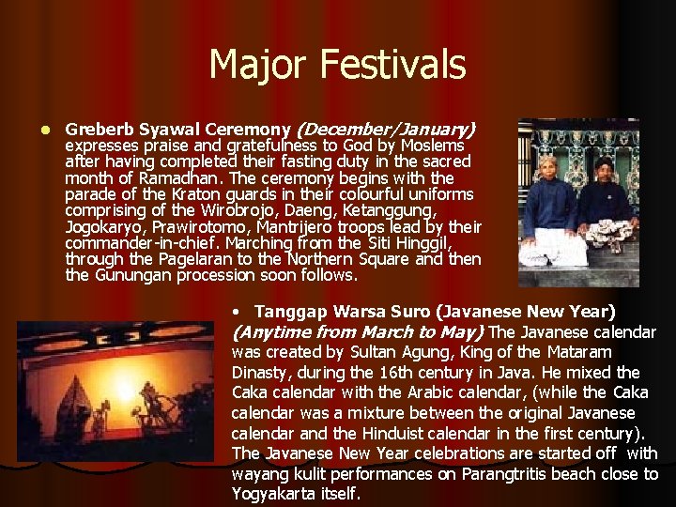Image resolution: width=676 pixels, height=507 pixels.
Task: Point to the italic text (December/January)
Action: (x=386, y=129)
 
